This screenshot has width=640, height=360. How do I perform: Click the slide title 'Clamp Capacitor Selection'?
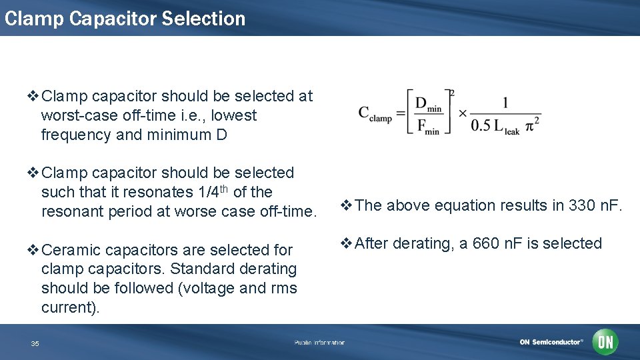click(x=125, y=18)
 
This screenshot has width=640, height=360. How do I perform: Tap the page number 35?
click(x=35, y=343)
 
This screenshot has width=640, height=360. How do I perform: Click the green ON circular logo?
click(x=605, y=342)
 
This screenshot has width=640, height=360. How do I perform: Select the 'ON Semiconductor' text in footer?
click(x=551, y=343)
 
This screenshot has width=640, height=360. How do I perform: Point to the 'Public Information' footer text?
click(x=319, y=343)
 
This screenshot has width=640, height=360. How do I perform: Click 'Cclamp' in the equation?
click(x=375, y=114)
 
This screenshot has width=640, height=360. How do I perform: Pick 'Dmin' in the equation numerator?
click(x=428, y=104)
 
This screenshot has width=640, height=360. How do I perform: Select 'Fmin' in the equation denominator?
click(x=427, y=127)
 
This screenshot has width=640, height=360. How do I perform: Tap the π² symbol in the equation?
click(x=533, y=126)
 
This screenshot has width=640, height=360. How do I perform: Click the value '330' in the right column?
click(x=581, y=205)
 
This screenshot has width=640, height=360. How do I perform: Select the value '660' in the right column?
click(x=485, y=243)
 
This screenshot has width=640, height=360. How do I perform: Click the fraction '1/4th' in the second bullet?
click(x=211, y=192)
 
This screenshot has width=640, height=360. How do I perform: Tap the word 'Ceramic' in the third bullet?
click(x=67, y=250)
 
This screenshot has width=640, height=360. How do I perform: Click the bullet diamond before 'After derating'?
click(x=346, y=243)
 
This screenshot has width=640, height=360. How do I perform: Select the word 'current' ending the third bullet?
click(x=65, y=307)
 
